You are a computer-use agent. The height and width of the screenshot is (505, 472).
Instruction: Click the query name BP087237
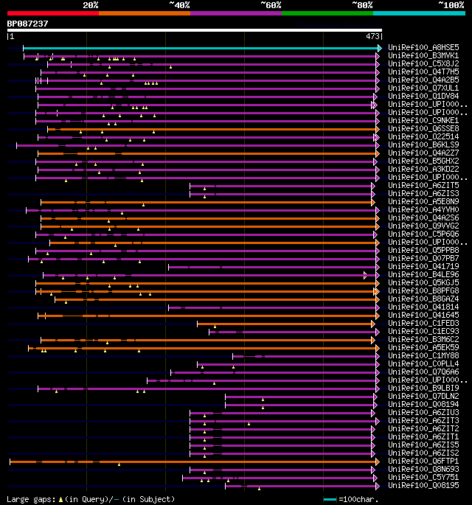(27, 24)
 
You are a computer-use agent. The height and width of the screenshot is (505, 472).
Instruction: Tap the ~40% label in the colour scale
(179, 5)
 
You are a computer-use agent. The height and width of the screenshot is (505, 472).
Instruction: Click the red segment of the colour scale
(52, 13)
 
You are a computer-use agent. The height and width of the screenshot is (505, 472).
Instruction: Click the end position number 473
(372, 35)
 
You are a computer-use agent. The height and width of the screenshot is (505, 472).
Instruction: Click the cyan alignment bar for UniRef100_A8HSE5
(199, 48)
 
